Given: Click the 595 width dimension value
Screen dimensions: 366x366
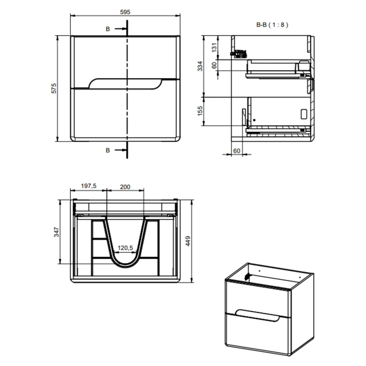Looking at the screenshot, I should coord(125,12).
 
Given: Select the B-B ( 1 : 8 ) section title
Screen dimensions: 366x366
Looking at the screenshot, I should coord(272,24).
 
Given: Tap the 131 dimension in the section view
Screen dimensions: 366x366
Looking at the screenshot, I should coord(214,47).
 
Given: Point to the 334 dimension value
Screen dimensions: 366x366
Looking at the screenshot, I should coord(200,66).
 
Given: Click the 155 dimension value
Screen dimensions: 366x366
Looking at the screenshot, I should coord(200,111).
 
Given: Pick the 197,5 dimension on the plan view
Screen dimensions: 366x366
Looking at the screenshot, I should coord(88,186).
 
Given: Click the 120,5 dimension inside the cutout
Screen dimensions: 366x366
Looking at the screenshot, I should coord(126,248).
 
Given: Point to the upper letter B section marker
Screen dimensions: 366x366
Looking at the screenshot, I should coord(108,29).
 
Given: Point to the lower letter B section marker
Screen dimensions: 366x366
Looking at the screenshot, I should coord(108,150).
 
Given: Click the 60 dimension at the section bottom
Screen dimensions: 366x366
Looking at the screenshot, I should coord(236,150).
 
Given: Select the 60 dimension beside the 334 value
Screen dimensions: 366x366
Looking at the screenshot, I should coord(214,65).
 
